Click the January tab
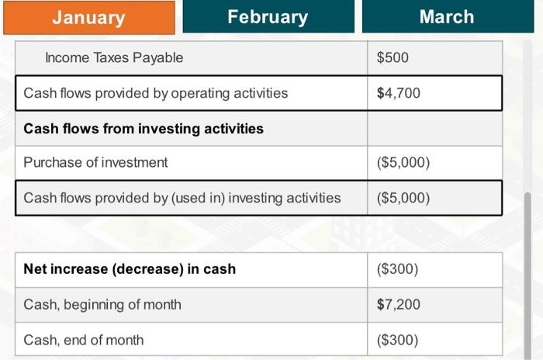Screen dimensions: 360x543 [x=88, y=17]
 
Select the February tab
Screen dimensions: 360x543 [x=268, y=17]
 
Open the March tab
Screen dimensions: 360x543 [x=446, y=17]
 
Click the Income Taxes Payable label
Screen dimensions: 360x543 [x=114, y=58]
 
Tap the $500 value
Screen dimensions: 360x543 [x=392, y=58]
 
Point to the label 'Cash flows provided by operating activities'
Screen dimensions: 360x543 [x=155, y=93]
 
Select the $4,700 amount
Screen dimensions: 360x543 [x=398, y=93]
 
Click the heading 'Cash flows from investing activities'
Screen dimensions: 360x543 [x=144, y=129]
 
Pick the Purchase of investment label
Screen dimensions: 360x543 [x=95, y=163]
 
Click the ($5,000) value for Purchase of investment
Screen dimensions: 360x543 [x=403, y=163]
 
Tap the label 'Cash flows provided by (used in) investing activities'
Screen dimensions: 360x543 [x=182, y=198]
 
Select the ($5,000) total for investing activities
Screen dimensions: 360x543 [x=403, y=198]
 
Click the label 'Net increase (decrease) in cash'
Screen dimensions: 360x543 [x=130, y=269]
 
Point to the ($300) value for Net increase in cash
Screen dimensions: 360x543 [x=397, y=269]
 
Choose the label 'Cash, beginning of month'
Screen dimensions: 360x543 [x=102, y=304]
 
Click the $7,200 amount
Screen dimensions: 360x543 [x=398, y=304]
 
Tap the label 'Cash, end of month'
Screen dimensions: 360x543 [x=83, y=340]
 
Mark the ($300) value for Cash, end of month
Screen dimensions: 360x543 [x=397, y=340]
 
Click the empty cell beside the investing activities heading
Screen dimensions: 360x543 [x=434, y=129]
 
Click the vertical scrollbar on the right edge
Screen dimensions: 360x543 [x=528, y=272]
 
